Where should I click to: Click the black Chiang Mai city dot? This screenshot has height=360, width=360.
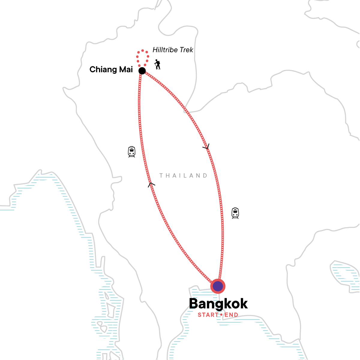[142, 71]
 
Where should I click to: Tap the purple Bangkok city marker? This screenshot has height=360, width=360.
[218, 286]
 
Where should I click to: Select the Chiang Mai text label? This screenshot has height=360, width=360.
[111, 70]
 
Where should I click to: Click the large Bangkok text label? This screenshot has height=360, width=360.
[218, 304]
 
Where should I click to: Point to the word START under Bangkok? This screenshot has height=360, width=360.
[208, 315]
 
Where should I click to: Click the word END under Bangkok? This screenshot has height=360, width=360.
[231, 315]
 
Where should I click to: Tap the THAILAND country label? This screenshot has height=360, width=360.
[183, 175]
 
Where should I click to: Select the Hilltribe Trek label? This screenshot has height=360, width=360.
[173, 50]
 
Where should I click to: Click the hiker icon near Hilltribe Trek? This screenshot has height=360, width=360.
[157, 64]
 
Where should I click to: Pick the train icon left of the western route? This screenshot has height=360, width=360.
[132, 152]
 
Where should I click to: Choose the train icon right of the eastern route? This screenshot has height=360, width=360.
[235, 213]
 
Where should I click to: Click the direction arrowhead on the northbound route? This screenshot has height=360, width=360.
[151, 184]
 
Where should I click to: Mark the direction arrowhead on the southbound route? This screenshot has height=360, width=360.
[206, 147]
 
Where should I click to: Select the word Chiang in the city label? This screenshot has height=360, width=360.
[102, 70]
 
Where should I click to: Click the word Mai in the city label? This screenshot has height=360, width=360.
[126, 70]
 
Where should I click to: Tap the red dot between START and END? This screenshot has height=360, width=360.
[221, 315]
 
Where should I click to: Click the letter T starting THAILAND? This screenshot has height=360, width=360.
[161, 175]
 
